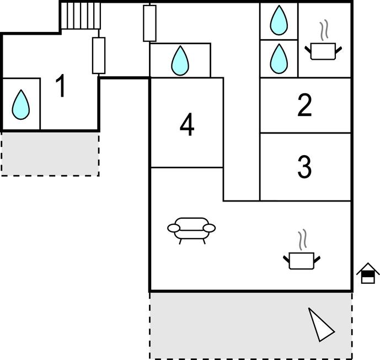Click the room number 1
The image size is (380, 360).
click(x=61, y=87)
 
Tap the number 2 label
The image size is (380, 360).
click(x=304, y=105)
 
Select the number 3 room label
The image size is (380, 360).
click(x=304, y=167)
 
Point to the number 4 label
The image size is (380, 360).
click(x=187, y=125)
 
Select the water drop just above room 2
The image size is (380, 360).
click(x=279, y=58)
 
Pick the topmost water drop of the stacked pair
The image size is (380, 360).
click(x=279, y=20)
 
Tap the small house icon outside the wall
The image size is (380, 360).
click(x=368, y=273)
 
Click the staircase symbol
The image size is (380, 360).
click(x=81, y=15)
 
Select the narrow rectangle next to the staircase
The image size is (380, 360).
click(x=99, y=55)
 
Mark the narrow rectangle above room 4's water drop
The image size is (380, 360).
click(x=149, y=23)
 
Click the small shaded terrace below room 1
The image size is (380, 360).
click(x=50, y=153)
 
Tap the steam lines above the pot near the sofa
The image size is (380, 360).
click(x=302, y=240)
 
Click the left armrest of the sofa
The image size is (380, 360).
click(x=173, y=227)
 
